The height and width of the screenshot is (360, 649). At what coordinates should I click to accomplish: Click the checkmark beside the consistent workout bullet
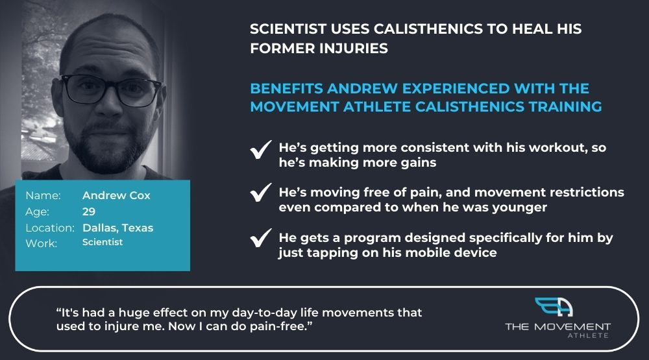coord(261,149)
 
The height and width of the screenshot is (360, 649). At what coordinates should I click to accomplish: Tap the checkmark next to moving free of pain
coord(261,193)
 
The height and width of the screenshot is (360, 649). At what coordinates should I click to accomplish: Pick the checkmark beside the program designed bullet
coord(261,238)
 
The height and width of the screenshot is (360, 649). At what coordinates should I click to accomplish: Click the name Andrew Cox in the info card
coord(116,195)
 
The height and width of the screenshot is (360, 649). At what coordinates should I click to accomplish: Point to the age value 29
coord(89,211)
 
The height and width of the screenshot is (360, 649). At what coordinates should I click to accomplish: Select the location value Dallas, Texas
coord(118,228)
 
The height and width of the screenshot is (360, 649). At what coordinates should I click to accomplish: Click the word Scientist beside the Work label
coord(103,243)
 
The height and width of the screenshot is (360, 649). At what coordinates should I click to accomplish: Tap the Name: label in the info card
coord(43,195)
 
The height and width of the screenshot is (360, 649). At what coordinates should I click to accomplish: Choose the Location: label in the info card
coord(50,228)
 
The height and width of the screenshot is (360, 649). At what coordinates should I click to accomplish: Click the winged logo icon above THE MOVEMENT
coord(554,307)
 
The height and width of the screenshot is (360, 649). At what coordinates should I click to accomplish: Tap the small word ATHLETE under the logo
coord(588,335)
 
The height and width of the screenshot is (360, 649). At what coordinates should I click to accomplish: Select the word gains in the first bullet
coord(418,163)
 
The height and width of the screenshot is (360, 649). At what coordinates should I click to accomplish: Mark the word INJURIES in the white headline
coord(354,48)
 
